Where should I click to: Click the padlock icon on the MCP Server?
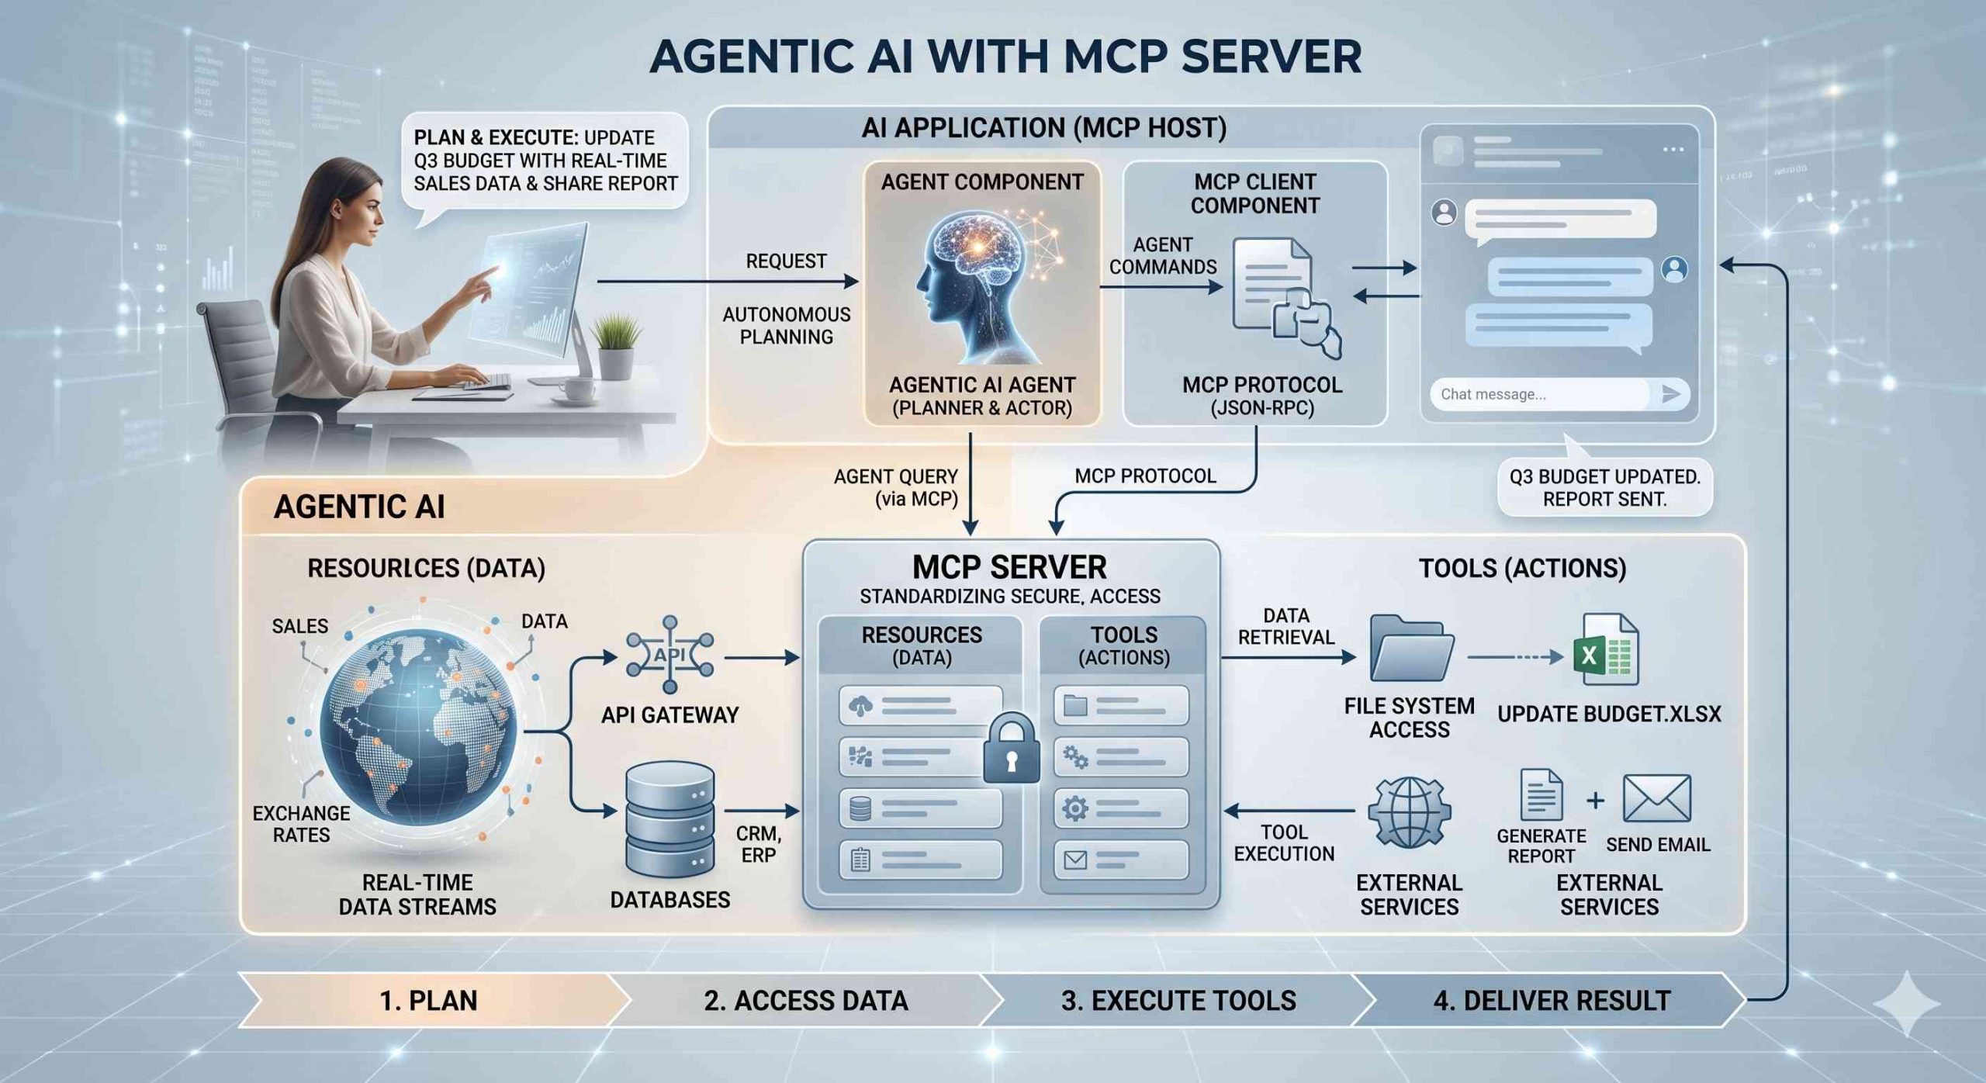pos(1011,750)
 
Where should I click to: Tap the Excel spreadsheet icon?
pos(1606,650)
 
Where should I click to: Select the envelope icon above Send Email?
pos(1656,798)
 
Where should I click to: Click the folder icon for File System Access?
pos(1410,649)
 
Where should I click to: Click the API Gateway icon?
pos(669,654)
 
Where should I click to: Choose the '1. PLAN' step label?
pos(428,1001)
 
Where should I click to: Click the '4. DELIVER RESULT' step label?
pos(1552,1001)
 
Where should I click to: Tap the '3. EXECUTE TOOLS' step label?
pos(1178,1001)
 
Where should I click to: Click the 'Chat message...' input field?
pos(1540,394)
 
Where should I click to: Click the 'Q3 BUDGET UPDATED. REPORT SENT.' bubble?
pos(1604,488)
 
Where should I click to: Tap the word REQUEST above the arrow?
pos(786,261)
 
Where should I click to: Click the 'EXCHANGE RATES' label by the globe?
pos(301,824)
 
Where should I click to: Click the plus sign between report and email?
pos(1595,801)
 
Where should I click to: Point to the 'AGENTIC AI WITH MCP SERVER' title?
pos(1005,56)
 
